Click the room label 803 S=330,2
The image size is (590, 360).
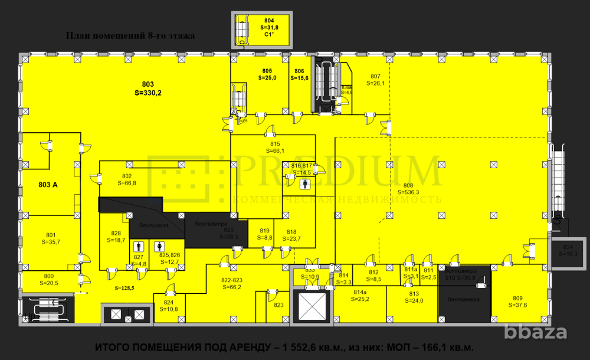click(147, 88)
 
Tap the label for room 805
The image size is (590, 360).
click(267, 74)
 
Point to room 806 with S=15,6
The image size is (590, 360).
click(300, 74)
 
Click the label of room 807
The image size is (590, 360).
click(376, 80)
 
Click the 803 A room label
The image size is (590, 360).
click(48, 185)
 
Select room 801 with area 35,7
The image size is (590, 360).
click(51, 238)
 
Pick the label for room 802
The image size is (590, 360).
click(127, 179)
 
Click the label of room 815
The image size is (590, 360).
click(274, 147)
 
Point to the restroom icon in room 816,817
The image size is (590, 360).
click(304, 184)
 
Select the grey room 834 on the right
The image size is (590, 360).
click(568, 250)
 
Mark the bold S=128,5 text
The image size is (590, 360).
click(124, 288)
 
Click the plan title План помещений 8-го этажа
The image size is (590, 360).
click(130, 35)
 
